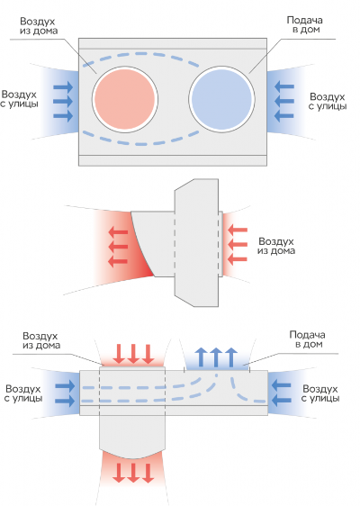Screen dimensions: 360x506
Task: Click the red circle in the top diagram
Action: coord(125,99)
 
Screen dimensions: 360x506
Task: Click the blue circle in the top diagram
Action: coord(221,99)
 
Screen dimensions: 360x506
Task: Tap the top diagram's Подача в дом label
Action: coord(304,25)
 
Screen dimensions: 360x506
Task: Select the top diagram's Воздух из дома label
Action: coord(38,26)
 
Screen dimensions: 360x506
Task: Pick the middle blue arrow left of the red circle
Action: coord(63,102)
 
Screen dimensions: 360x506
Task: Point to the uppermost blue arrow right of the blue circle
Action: coord(284,86)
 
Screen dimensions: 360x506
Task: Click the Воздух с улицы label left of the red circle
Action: coord(19,99)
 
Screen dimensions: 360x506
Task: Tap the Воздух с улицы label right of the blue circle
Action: coord(327,102)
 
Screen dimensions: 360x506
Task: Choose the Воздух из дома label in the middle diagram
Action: coord(276,246)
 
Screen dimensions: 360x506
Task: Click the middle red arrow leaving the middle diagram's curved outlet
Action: coord(118,247)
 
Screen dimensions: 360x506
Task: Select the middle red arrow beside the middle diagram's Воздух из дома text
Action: coord(238,245)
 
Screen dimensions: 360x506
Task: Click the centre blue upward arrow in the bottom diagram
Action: coord(216,357)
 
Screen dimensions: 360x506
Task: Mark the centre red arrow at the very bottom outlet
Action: coord(133,473)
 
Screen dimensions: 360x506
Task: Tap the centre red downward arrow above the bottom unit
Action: coord(133,354)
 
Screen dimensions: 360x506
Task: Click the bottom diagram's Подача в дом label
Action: coord(307,339)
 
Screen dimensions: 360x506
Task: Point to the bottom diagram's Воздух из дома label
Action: coord(41,340)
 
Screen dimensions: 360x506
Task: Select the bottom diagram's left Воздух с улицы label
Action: coord(23,393)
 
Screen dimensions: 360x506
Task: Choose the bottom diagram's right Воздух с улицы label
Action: coord(320,393)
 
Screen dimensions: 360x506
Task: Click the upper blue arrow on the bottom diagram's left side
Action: coord(65,386)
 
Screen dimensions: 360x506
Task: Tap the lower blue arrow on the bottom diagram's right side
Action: coord(282,401)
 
